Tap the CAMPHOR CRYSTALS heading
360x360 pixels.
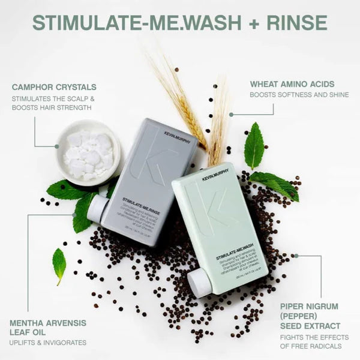tap(54, 87)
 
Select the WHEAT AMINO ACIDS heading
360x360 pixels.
tap(292, 84)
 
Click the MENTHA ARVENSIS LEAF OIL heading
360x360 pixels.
tap(47, 328)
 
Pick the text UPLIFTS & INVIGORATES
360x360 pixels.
tap(47, 343)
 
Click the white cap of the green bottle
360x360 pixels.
tap(199, 282)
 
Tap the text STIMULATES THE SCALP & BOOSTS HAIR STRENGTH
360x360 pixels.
tap(53, 103)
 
